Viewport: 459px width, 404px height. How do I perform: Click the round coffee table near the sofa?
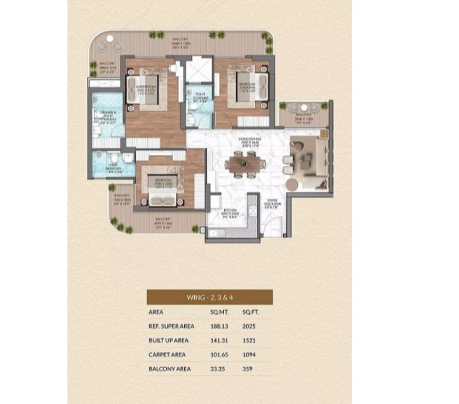[292, 184]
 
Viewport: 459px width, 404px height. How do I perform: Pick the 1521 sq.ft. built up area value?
[248, 340]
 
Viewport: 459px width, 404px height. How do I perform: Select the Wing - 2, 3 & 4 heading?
[209, 297]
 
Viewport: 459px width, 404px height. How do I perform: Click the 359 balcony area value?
[247, 369]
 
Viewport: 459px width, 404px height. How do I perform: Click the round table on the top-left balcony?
[109, 39]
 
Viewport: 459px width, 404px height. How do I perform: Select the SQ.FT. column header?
[250, 311]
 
